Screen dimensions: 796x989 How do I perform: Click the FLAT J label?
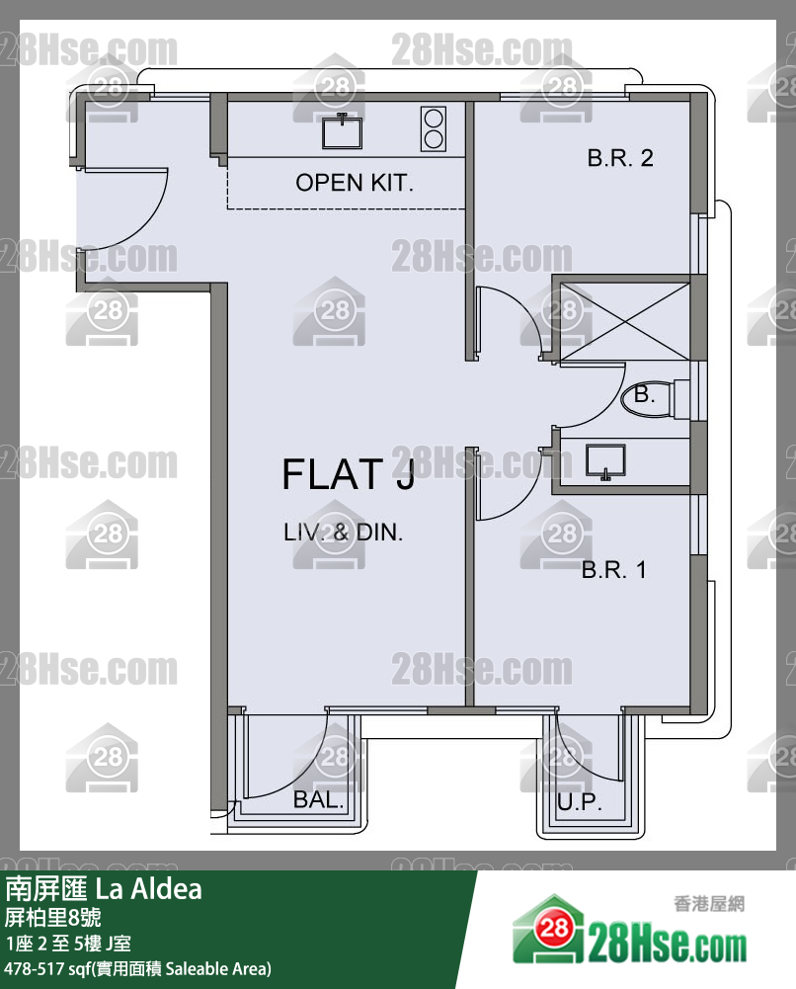coord(348,475)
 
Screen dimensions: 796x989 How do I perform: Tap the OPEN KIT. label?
coord(355,183)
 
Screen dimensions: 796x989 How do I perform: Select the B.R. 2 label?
coord(620,158)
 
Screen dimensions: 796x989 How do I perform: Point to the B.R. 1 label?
coord(614,570)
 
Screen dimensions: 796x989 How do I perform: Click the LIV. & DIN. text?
coord(343,533)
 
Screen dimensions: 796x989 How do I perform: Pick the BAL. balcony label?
coord(318,799)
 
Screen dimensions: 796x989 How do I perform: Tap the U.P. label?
coord(579,802)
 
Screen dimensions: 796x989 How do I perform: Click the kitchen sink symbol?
coord(343,131)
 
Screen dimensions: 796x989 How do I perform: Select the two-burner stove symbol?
coord(433,128)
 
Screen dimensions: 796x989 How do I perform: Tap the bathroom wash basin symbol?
coord(605,462)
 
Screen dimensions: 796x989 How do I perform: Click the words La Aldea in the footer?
coord(149,889)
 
